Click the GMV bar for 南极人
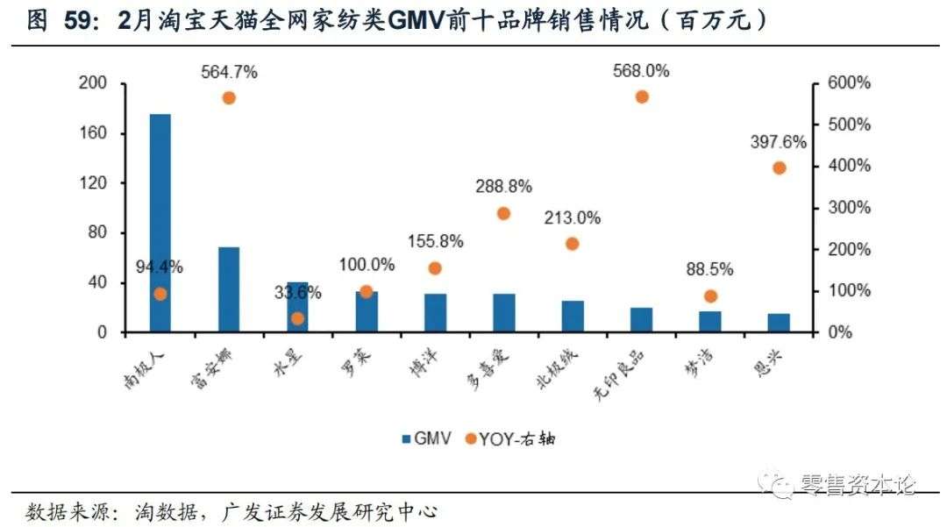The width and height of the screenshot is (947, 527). pyautogui.click(x=160, y=223)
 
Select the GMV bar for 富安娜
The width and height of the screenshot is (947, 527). pyautogui.click(x=229, y=289)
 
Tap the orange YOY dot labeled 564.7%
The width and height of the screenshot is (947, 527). pyautogui.click(x=229, y=98)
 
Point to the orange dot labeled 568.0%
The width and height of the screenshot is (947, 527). pyautogui.click(x=641, y=96)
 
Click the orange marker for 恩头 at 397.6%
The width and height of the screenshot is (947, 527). pyautogui.click(x=779, y=167)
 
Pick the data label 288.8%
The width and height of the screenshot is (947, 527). pyautogui.click(x=503, y=187)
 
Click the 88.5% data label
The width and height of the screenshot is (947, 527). pyautogui.click(x=710, y=269)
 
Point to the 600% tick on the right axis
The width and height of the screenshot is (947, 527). pyautogui.click(x=848, y=83)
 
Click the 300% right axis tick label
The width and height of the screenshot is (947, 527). pyautogui.click(x=848, y=208)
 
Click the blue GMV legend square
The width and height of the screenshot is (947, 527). pyautogui.click(x=407, y=438)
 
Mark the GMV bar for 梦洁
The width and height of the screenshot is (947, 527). pyautogui.click(x=710, y=322)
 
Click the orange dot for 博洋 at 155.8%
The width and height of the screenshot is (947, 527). pyautogui.click(x=435, y=268)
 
